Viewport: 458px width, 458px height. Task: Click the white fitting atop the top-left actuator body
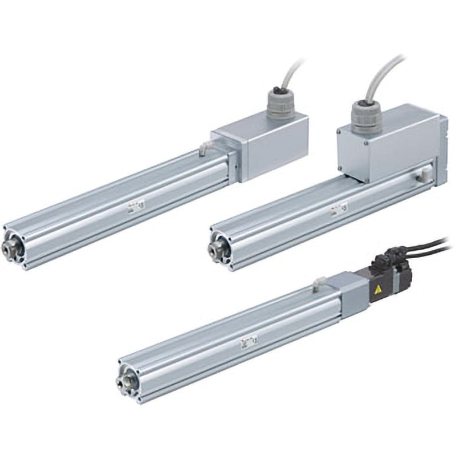[x=203, y=151]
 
